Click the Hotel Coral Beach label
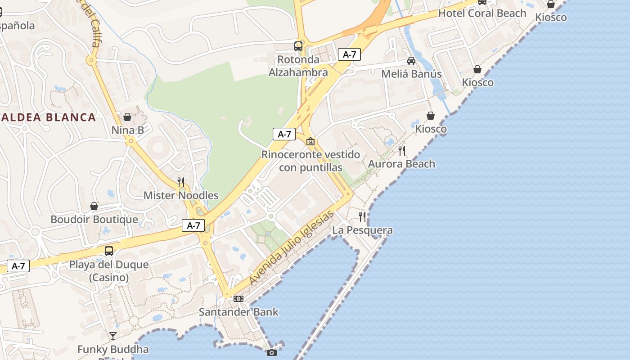click(x=482, y=13)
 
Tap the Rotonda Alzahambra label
click(x=298, y=66)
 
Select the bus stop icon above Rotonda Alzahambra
click(x=298, y=46)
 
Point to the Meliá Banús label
click(x=411, y=74)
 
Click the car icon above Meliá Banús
click(x=411, y=61)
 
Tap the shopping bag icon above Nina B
click(x=127, y=117)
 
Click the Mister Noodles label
click(x=181, y=195)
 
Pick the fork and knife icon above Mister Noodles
click(x=181, y=182)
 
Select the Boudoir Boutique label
click(x=94, y=220)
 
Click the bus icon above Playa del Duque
click(x=109, y=251)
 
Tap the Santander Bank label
click(x=238, y=312)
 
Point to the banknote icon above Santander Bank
click(x=238, y=299)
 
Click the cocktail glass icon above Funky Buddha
click(x=112, y=336)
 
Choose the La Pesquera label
click(x=362, y=230)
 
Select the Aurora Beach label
click(x=401, y=164)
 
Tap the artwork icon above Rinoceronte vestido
click(x=310, y=141)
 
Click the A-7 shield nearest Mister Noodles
click(x=193, y=225)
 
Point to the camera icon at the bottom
click(x=272, y=352)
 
